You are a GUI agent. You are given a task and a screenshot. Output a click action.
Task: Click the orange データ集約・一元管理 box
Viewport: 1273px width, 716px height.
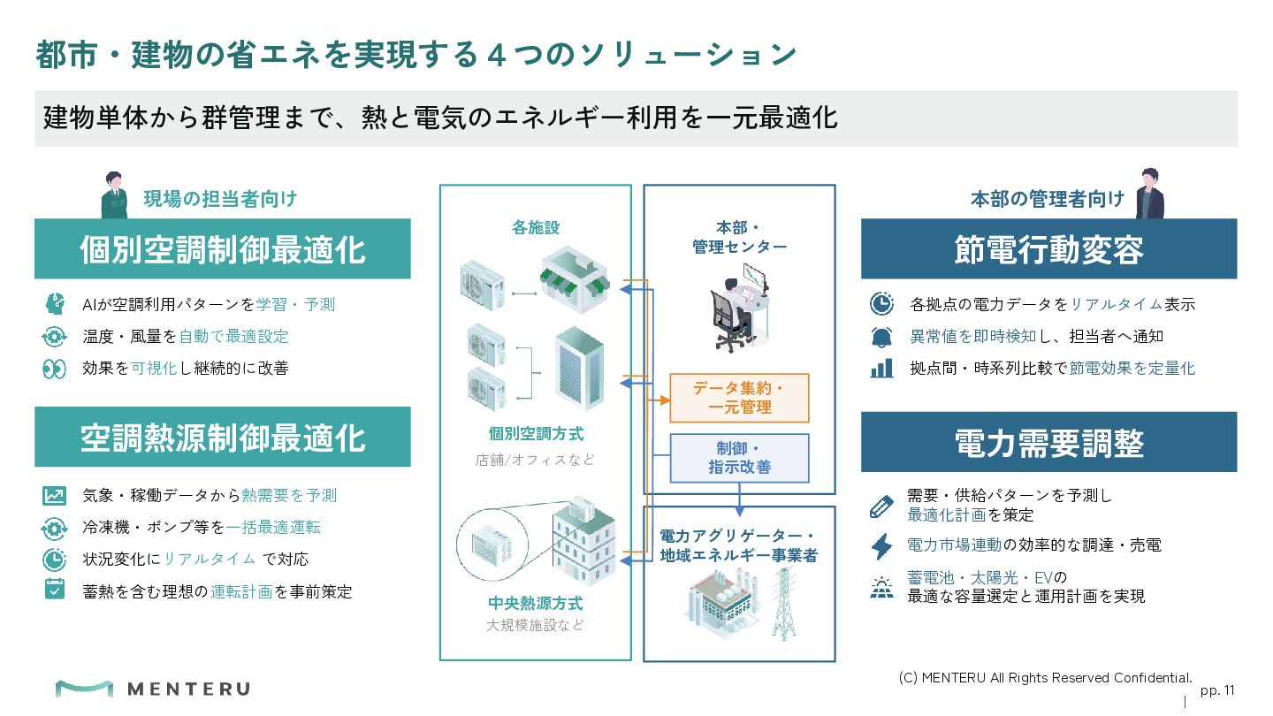[x=739, y=398]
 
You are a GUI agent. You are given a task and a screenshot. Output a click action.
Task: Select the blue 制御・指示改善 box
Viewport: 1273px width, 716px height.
[x=739, y=458]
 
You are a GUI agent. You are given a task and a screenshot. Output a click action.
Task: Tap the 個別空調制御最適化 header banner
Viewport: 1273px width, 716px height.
[x=222, y=249]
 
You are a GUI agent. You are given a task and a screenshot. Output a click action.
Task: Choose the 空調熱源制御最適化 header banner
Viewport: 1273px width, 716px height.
[x=222, y=437]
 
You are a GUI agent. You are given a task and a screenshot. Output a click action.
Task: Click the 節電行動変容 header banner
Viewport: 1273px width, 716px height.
[x=1048, y=249]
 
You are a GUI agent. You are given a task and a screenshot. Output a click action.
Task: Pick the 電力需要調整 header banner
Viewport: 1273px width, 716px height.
[x=1048, y=442]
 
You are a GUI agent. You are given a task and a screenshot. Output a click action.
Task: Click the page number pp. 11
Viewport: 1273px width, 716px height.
[x=1217, y=690]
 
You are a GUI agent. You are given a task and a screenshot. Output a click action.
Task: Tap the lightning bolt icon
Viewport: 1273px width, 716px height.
[x=881, y=545]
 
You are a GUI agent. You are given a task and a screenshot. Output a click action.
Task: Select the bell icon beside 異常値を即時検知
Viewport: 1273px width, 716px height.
[x=881, y=337]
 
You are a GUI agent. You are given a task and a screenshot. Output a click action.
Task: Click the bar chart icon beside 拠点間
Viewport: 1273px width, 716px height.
[x=881, y=369]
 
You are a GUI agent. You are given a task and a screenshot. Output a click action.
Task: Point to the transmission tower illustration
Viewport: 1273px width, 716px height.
[x=783, y=604]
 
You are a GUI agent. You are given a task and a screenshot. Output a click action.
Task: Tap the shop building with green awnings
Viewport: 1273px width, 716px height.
[x=575, y=279]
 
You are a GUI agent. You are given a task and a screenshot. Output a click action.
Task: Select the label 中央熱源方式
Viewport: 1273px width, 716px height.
[x=536, y=603]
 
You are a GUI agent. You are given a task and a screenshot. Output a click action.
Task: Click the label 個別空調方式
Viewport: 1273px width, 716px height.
[x=536, y=434]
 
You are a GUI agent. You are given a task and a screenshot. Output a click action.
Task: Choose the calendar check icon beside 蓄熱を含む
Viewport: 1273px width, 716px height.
[x=55, y=590]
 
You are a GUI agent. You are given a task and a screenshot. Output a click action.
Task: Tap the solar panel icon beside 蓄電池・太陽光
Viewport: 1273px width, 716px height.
[x=881, y=588]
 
